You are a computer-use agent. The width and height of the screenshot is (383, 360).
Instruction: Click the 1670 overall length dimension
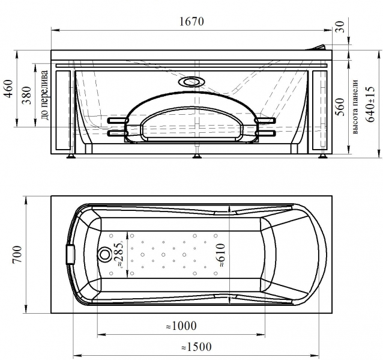(191, 22)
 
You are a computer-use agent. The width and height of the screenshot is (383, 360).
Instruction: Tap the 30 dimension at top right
(340, 26)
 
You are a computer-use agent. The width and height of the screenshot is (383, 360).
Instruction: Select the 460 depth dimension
(9, 88)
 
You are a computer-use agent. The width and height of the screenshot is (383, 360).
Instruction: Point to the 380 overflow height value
(27, 95)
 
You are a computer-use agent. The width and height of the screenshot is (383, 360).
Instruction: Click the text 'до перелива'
(44, 95)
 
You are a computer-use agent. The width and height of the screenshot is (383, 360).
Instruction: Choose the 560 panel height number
(340, 106)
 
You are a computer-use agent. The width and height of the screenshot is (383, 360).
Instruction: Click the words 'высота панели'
(355, 106)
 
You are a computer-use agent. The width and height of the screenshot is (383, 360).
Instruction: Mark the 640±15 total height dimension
(370, 104)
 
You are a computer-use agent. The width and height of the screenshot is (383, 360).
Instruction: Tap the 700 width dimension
(17, 254)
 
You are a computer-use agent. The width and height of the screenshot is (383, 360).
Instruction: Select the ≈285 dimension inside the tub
(119, 254)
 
